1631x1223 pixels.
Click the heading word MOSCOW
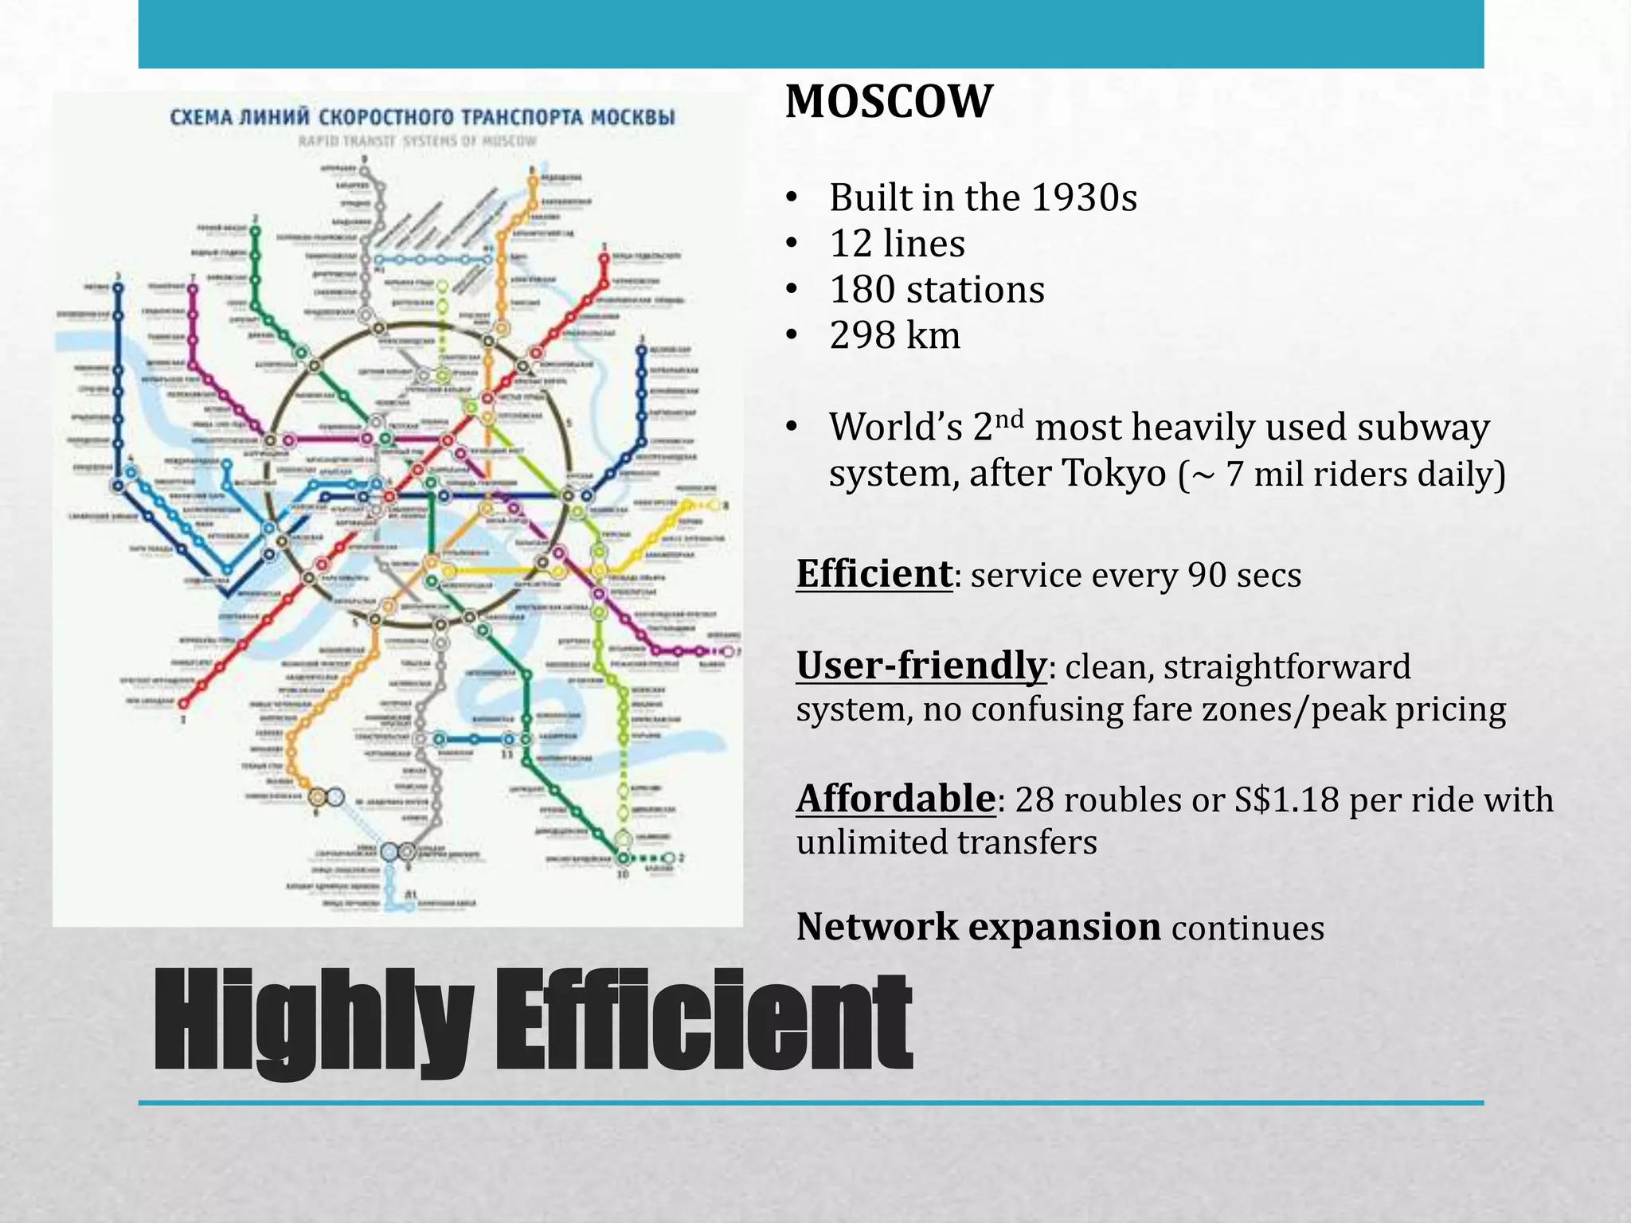click(x=889, y=102)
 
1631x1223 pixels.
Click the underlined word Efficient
click(x=874, y=574)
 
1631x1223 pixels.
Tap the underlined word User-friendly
click(x=921, y=666)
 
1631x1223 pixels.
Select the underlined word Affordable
click(x=895, y=799)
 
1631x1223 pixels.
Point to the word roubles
click(x=1123, y=799)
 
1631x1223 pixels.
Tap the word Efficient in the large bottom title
click(x=704, y=1022)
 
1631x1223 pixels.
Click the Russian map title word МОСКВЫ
click(x=633, y=118)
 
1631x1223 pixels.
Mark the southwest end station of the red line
click(x=184, y=703)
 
